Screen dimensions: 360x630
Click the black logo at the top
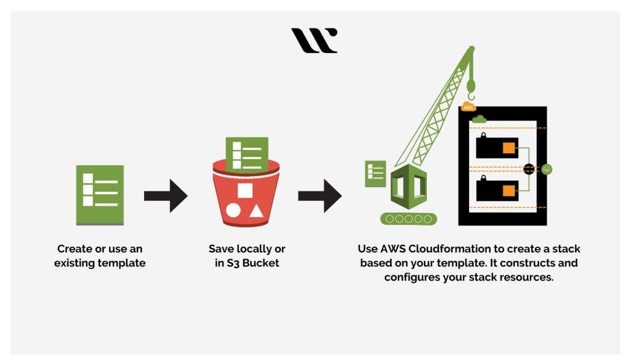coord(314,40)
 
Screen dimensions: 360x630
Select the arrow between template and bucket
coord(166,195)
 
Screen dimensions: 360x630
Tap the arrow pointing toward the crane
coord(320,195)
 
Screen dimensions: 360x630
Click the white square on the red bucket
coord(245,191)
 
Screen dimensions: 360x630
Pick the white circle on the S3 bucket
coord(233,211)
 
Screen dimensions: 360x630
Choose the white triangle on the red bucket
coord(256,211)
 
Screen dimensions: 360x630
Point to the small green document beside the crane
coord(376,174)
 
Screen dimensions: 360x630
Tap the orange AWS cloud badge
coord(468,107)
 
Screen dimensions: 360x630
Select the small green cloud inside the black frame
coord(479,119)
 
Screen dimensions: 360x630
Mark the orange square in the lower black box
coord(509,191)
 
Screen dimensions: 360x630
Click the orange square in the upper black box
coord(509,148)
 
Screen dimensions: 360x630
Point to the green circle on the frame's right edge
coord(547,169)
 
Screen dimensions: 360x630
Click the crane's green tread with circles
coord(408,219)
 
